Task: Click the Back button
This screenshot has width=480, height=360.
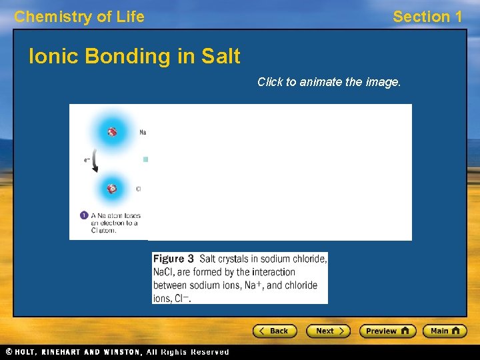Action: (x=274, y=331)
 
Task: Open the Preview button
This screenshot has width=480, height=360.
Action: (x=387, y=331)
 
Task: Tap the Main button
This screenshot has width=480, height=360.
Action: (x=445, y=331)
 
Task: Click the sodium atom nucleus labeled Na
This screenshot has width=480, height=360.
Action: (x=112, y=132)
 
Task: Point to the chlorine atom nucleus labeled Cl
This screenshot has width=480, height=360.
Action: (x=112, y=189)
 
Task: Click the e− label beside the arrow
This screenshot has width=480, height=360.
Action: (x=87, y=160)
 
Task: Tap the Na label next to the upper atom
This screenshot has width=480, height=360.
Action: (x=143, y=133)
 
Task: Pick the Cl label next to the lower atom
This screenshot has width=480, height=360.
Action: (x=139, y=189)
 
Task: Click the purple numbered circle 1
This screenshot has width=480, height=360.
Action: (x=84, y=215)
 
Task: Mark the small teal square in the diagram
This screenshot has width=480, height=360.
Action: (x=145, y=159)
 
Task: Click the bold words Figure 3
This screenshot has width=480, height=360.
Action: (x=173, y=259)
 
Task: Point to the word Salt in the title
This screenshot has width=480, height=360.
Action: (x=220, y=57)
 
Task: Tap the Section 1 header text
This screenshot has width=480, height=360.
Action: (x=427, y=17)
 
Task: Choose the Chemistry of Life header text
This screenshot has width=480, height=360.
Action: (x=79, y=17)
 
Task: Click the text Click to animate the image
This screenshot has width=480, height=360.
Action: (x=329, y=82)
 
